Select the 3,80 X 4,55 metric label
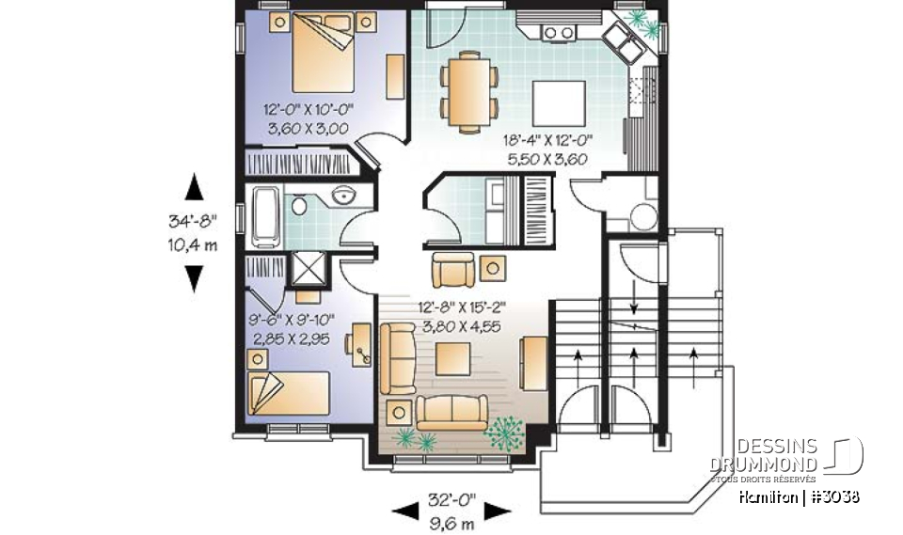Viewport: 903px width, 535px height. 467,322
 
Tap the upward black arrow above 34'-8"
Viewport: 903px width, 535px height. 194,187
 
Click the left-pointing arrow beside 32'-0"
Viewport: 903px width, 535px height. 405,511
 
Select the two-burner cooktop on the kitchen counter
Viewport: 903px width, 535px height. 559,33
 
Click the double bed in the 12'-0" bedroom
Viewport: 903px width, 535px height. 321,55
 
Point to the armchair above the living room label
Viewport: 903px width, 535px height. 454,271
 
